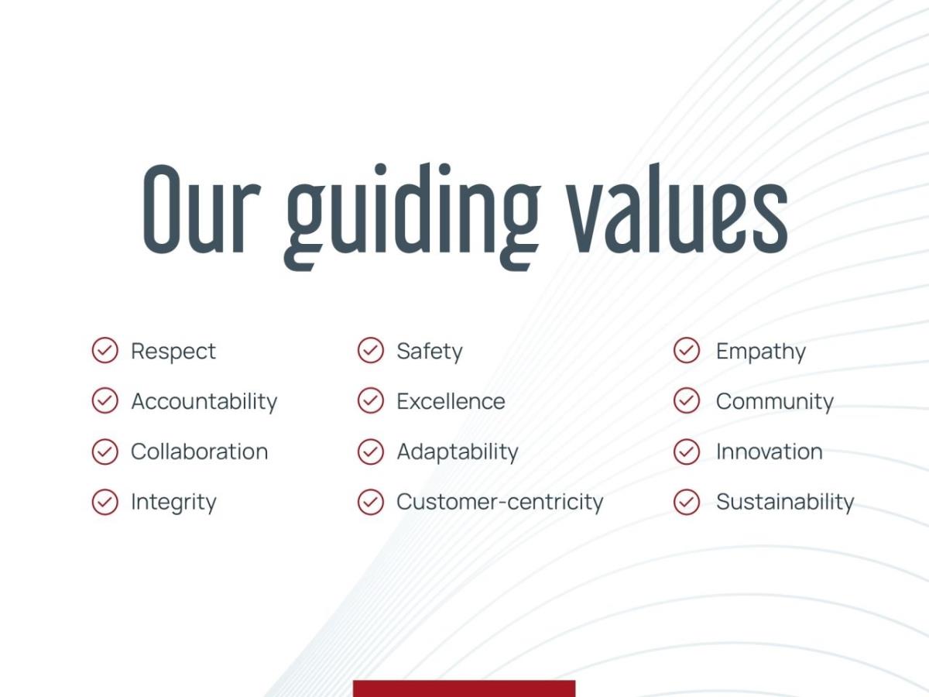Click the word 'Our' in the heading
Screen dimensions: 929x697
click(202, 209)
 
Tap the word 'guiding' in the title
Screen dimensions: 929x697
click(412, 217)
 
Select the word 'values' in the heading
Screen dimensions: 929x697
click(677, 208)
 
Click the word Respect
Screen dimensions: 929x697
click(173, 352)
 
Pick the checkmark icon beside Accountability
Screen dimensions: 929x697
click(105, 400)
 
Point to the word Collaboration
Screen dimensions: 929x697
click(199, 452)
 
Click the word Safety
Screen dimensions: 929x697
click(430, 352)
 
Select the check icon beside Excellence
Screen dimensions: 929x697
click(371, 400)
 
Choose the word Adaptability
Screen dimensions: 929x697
click(458, 452)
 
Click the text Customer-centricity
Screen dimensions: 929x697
click(500, 503)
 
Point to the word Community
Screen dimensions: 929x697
click(774, 402)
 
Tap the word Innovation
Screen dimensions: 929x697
click(770, 452)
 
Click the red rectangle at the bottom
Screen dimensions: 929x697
click(464, 688)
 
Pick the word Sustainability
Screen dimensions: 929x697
click(785, 503)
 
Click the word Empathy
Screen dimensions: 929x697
click(761, 352)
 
